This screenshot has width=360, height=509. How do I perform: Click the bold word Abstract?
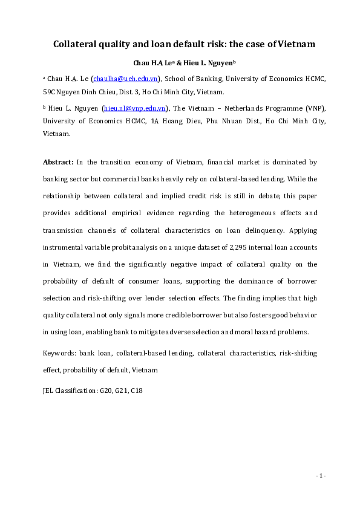(58, 163)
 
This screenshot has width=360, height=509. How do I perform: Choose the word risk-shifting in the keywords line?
(281, 352)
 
